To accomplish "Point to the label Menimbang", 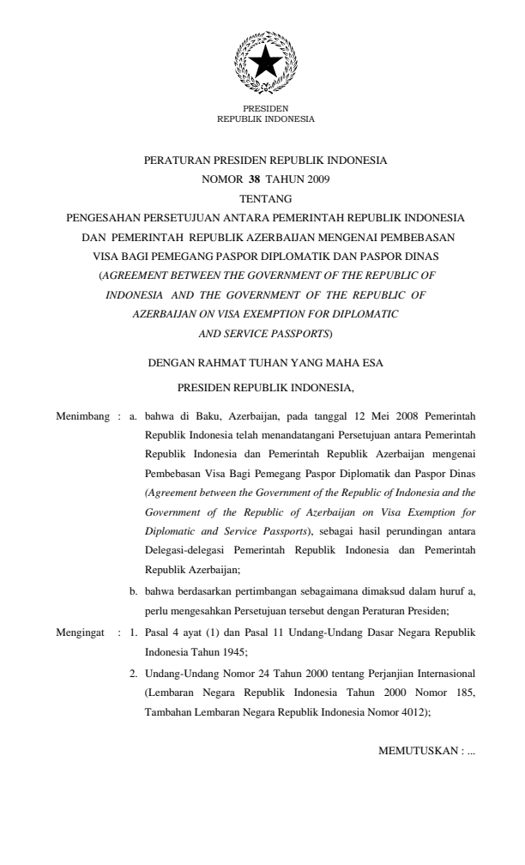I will pos(81,416).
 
